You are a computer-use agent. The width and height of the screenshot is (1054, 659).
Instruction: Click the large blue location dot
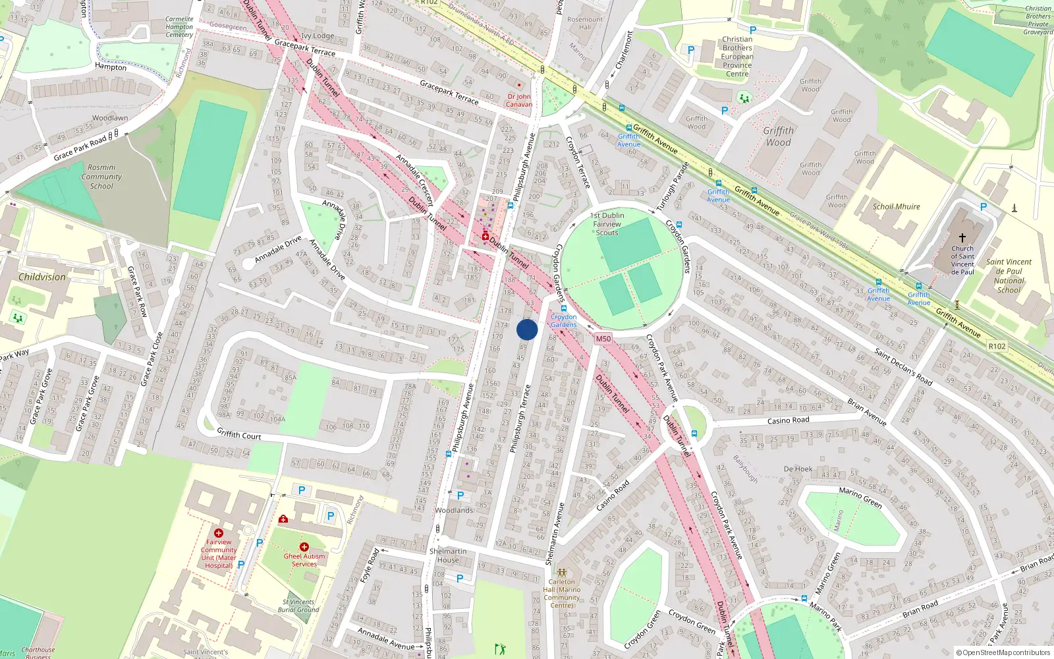527,329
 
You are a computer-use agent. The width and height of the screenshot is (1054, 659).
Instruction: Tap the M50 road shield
603,339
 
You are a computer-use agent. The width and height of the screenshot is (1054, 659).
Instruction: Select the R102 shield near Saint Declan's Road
997,346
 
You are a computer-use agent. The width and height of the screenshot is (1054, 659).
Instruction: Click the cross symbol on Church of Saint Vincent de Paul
962,237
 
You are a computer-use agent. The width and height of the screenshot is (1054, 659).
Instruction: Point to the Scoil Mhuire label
896,206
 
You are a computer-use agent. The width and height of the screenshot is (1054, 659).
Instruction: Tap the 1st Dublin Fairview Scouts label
607,224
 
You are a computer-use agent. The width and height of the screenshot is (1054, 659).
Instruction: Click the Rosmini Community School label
101,177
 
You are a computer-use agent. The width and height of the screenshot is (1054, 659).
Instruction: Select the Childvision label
42,277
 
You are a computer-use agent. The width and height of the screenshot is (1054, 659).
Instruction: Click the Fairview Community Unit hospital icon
218,532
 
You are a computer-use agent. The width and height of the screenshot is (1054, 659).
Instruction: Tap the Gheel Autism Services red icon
304,547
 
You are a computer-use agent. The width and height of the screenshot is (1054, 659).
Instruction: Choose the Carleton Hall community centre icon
562,573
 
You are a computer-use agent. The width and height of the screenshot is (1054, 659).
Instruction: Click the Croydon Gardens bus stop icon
563,308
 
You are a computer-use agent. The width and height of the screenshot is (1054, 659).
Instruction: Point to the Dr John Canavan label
519,100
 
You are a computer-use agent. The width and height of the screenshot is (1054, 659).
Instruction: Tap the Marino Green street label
860,498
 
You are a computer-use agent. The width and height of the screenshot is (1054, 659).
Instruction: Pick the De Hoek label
798,469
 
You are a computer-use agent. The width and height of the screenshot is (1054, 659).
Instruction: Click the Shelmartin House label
448,556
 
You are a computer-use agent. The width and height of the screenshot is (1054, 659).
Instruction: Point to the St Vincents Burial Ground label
298,606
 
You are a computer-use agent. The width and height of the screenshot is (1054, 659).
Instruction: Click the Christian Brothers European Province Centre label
737,57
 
